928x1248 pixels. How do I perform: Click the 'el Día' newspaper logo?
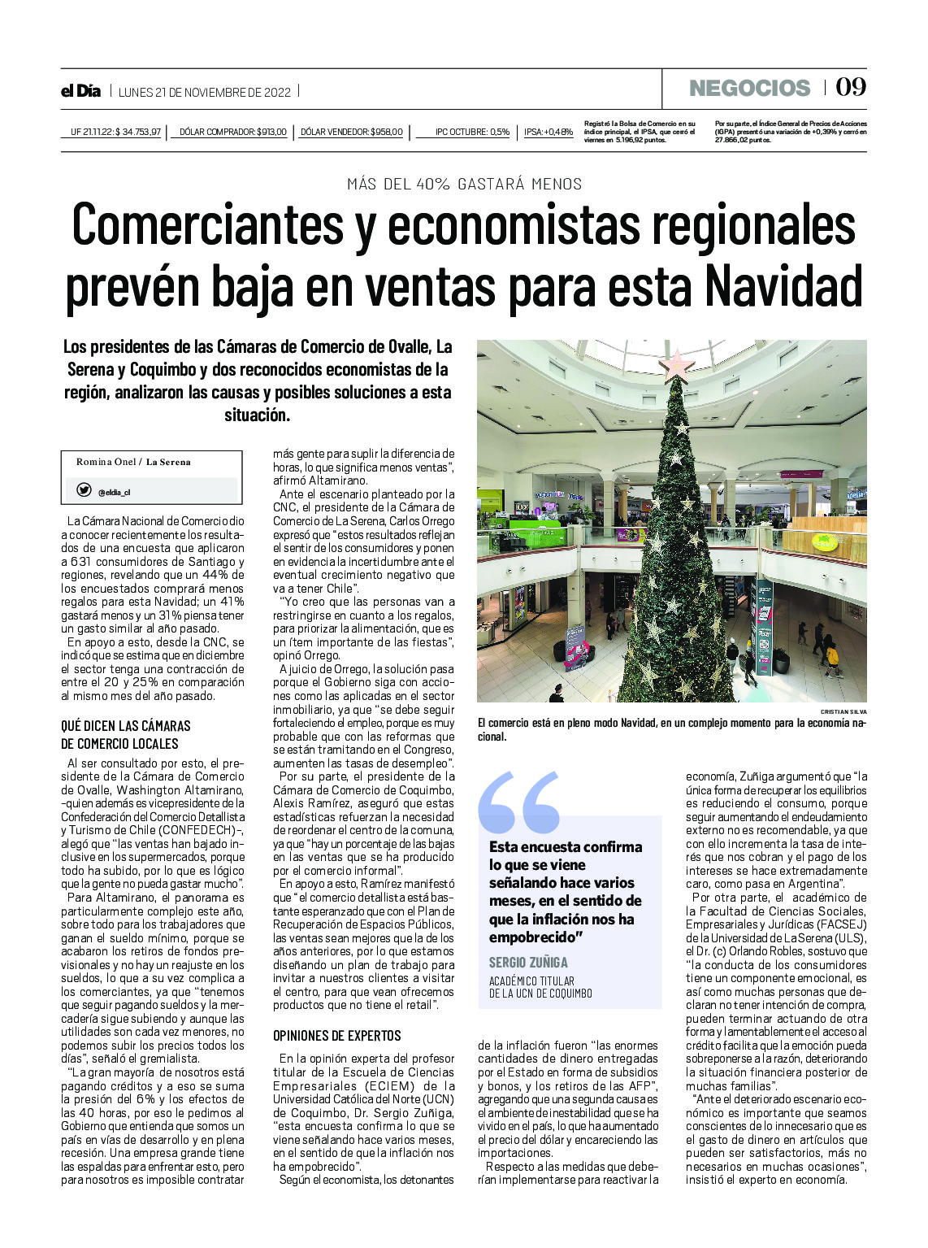[x=80, y=91]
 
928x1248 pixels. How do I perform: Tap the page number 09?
[x=851, y=87]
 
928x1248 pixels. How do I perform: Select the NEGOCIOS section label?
[x=749, y=88]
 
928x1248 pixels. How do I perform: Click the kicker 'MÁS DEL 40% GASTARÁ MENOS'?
[x=464, y=184]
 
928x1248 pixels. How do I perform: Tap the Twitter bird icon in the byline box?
[x=84, y=490]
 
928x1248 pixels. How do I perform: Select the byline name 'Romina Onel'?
[x=106, y=462]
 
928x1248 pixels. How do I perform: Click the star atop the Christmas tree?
[x=677, y=364]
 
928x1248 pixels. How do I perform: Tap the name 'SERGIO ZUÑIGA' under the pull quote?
[x=528, y=963]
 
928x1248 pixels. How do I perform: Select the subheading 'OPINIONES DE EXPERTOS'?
[x=336, y=1036]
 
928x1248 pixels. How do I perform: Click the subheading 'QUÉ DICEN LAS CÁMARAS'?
[x=125, y=725]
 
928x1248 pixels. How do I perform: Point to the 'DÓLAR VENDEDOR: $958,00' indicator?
[x=351, y=132]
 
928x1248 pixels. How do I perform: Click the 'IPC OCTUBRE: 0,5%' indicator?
[x=472, y=132]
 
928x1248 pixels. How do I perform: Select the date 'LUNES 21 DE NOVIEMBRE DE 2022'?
[x=204, y=92]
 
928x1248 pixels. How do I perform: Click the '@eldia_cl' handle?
[x=114, y=492]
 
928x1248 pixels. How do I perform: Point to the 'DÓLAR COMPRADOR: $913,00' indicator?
[x=232, y=132]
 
